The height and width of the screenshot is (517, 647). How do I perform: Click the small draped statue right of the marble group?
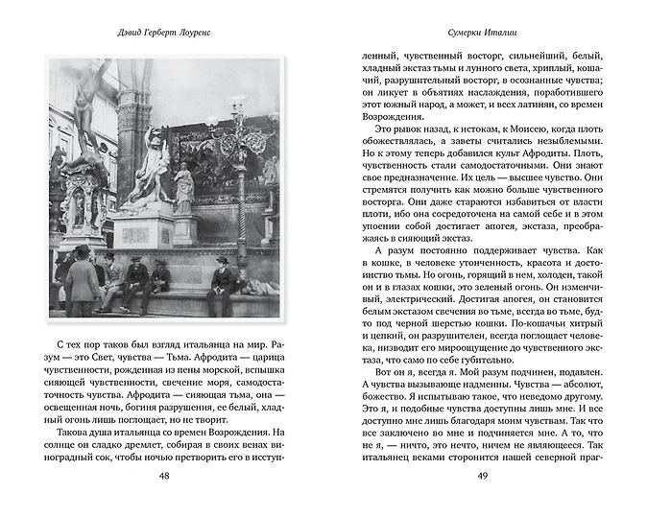(x=183, y=187)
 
